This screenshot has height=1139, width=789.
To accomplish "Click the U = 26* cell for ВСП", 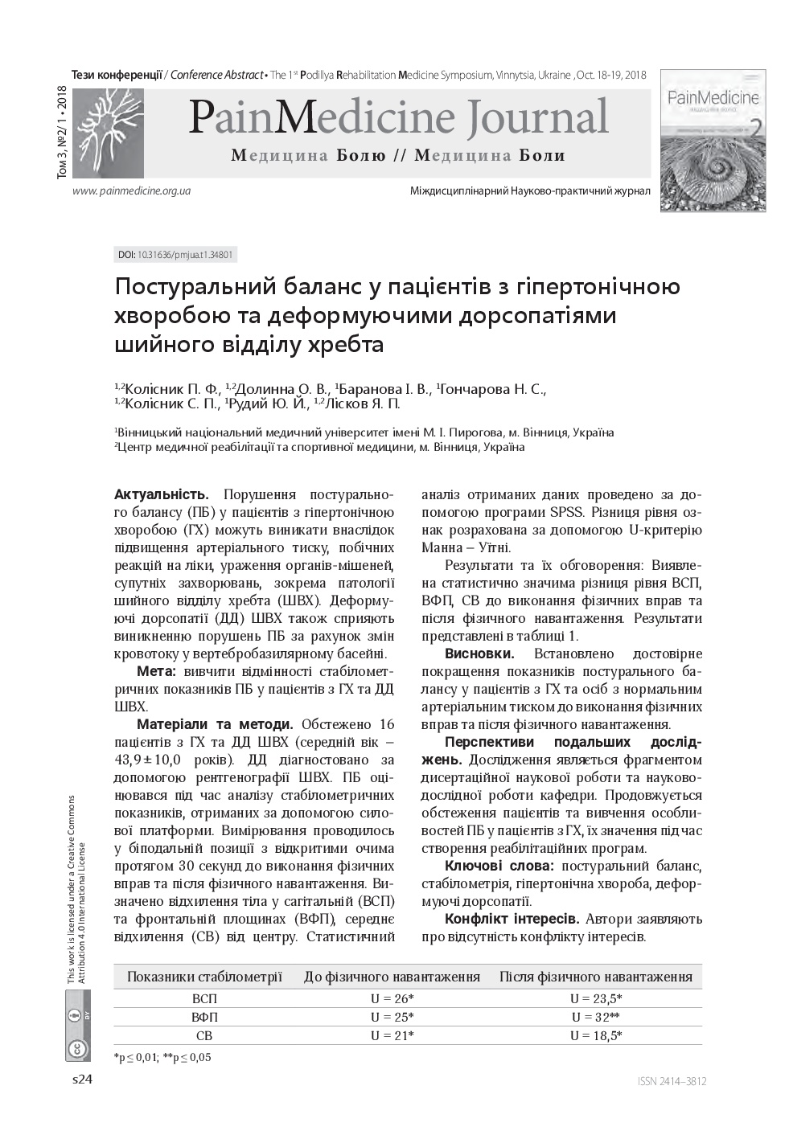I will pyautogui.click(x=392, y=998).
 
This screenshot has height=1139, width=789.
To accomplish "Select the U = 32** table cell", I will pyautogui.click(x=595, y=1017).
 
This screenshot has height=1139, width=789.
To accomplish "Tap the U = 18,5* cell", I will pyautogui.click(x=595, y=1035).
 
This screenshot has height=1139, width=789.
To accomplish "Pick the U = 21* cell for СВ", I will pyautogui.click(x=392, y=1035).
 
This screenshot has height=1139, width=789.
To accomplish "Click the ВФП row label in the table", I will pyautogui.click(x=204, y=1017).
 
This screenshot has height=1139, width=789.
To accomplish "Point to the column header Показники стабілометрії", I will pyautogui.click(x=204, y=977).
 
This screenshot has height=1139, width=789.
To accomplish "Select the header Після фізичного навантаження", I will pyautogui.click(x=595, y=977).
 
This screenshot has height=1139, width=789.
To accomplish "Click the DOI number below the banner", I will pyautogui.click(x=176, y=255).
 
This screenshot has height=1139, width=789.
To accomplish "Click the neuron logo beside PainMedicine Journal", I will pyautogui.click(x=108, y=133).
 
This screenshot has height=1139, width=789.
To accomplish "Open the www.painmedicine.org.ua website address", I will pyautogui.click(x=131, y=191).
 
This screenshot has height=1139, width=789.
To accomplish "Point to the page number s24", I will pyautogui.click(x=83, y=1080).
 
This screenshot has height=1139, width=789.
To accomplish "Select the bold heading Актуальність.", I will pyautogui.click(x=162, y=494).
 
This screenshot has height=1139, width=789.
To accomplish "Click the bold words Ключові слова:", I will pyautogui.click(x=499, y=866).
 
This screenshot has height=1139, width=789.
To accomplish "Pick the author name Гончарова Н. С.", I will pyautogui.click(x=492, y=389).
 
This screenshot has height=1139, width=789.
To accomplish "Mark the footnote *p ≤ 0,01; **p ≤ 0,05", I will pyautogui.click(x=162, y=1057).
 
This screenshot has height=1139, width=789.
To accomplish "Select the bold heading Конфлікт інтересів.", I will pyautogui.click(x=511, y=919).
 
